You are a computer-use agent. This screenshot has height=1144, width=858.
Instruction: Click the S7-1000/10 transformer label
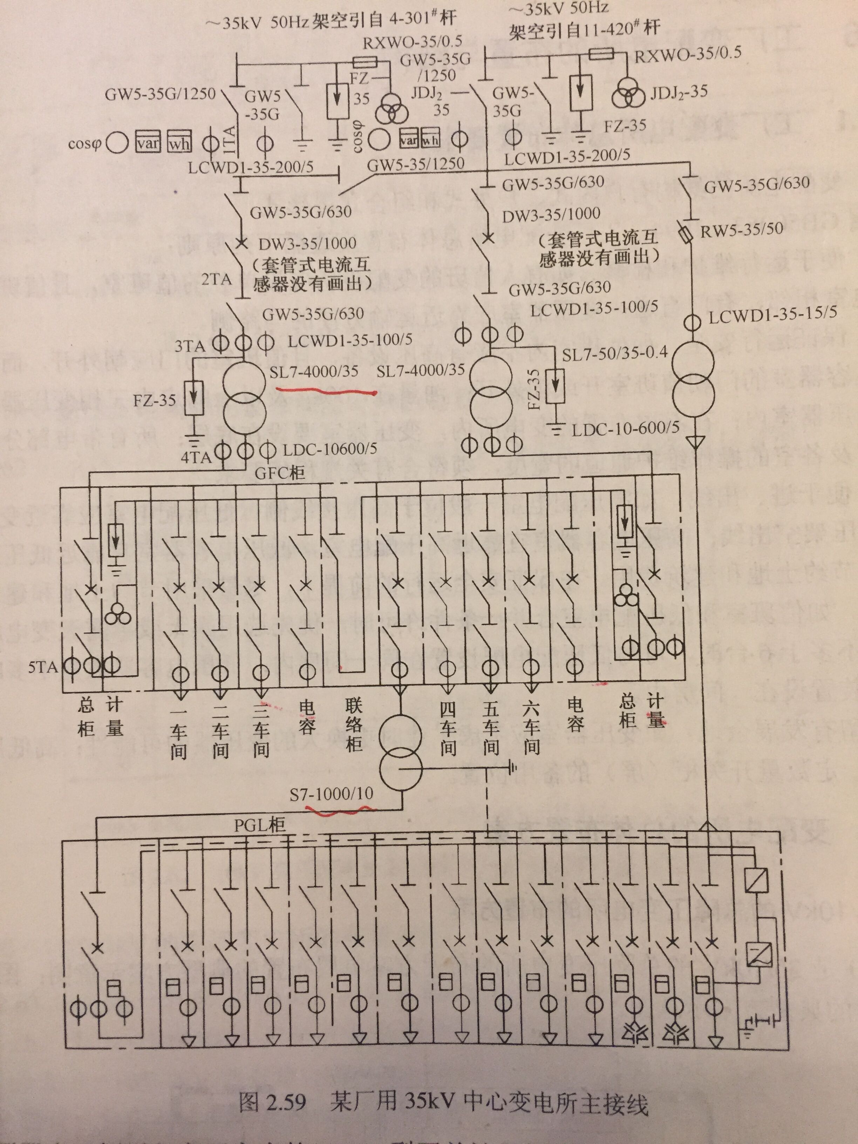tap(331, 794)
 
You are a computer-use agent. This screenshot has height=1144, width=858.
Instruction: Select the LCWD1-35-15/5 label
tap(772, 314)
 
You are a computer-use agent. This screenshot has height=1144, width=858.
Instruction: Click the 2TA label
tap(216, 280)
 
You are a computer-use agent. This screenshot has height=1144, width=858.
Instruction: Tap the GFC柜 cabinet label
tap(280, 472)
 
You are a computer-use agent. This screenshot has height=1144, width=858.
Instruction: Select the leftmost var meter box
tap(148, 143)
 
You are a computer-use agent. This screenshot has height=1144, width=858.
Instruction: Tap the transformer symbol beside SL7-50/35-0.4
tap(693, 380)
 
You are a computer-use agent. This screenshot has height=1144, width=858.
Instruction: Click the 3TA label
tap(189, 345)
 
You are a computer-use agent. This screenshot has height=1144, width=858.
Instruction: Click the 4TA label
tap(196, 457)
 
